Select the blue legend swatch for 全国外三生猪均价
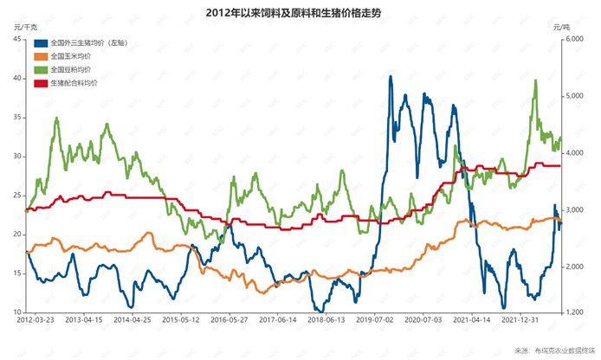42,42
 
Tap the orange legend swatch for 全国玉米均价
42,55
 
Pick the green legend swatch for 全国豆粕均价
42,69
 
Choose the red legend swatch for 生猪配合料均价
42,83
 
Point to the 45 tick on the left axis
18,39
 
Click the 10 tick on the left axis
18,312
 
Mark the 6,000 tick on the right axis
576,39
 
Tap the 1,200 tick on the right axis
576,312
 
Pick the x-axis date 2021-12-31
526,320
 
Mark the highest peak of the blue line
391,76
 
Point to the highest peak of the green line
536,80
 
